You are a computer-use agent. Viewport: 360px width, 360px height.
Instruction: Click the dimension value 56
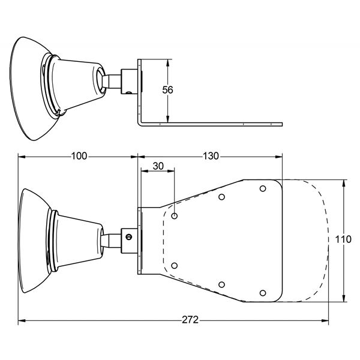point(167,90)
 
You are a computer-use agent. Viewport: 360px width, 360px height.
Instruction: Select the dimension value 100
point(79,156)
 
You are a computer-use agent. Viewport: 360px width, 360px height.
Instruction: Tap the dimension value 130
point(211,156)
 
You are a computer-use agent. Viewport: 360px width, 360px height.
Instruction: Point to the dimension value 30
point(158,166)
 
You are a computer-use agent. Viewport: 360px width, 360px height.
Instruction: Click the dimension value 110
point(343,239)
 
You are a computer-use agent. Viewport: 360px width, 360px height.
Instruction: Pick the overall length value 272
point(190,320)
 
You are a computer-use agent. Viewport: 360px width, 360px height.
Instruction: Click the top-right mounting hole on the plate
point(263,189)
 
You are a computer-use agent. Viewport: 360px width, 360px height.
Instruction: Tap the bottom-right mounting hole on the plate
point(263,293)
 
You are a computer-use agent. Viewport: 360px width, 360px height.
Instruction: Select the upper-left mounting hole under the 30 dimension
point(175,216)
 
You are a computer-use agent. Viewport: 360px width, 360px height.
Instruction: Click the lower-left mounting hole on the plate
point(175,266)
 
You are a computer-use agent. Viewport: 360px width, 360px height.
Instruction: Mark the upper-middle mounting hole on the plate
point(221,197)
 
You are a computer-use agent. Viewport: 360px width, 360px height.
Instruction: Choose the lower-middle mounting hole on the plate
point(221,284)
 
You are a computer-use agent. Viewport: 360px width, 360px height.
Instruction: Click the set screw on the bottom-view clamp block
point(129,237)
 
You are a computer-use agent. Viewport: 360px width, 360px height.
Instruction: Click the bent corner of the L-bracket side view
point(140,124)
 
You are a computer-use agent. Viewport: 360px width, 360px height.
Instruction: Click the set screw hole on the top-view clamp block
point(129,93)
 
